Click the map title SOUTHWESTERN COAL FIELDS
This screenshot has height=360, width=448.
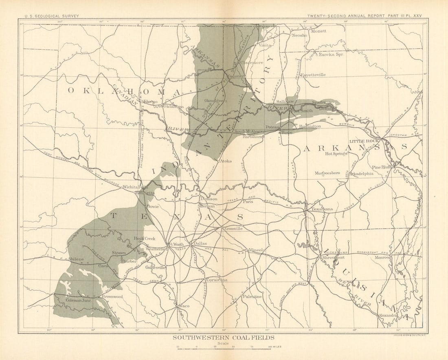click(x=223, y=338)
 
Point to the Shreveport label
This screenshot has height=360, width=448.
click(x=334, y=258)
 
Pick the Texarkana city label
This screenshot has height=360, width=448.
click(x=322, y=209)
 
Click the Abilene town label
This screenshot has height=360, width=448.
click(x=76, y=259)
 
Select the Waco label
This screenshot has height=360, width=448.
click(x=184, y=305)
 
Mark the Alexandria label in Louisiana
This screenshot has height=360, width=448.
click(x=388, y=316)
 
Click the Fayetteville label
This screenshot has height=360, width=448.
click(x=313, y=75)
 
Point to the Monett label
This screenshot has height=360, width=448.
click(x=318, y=31)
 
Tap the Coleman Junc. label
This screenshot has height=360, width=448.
click(x=79, y=300)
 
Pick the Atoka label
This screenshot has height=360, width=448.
click(x=226, y=161)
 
